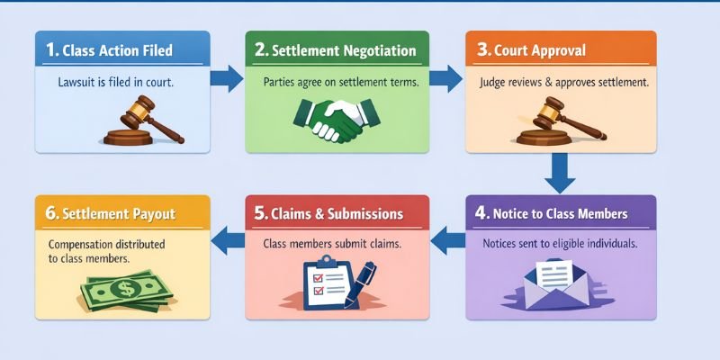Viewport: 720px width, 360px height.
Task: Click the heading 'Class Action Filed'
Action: (117, 51)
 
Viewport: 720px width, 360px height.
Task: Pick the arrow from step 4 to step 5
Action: (446, 239)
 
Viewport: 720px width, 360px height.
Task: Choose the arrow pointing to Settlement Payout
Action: (228, 239)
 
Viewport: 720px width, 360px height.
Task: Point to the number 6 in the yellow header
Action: (50, 215)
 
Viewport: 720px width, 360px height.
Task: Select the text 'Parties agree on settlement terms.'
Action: (341, 81)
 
